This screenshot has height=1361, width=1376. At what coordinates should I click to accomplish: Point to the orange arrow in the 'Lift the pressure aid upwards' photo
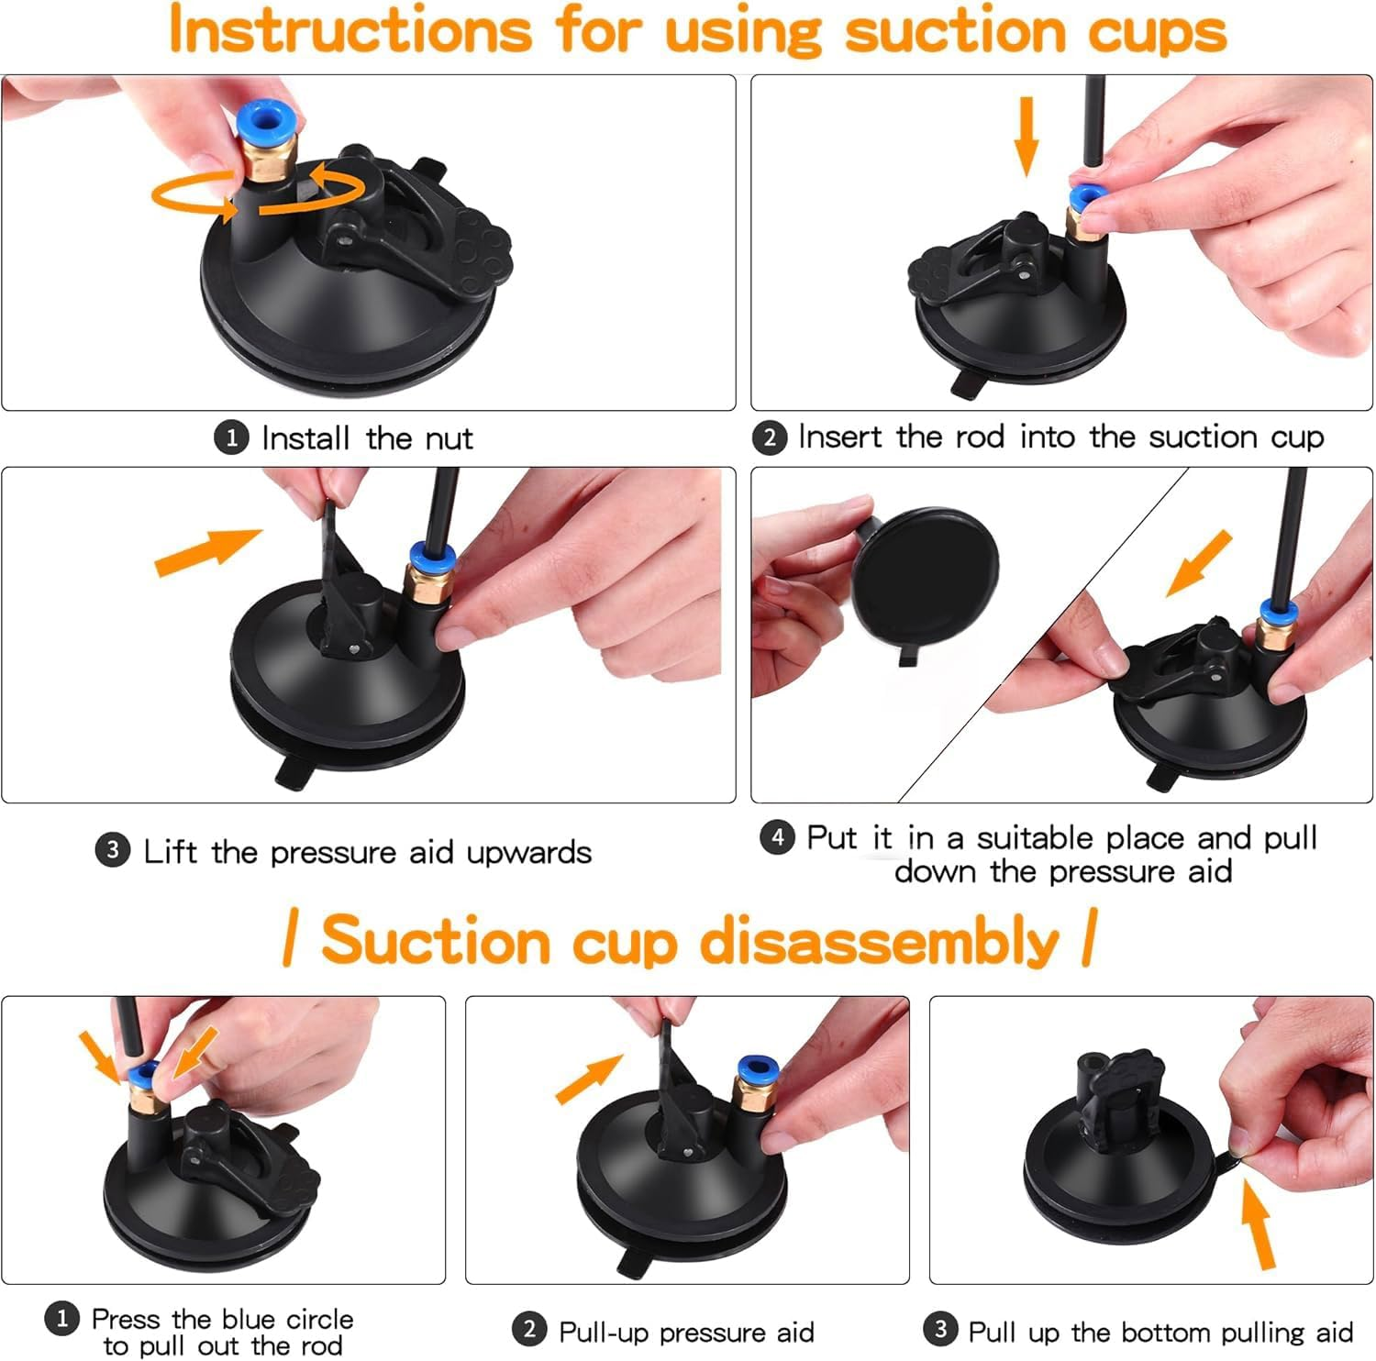pos(207,552)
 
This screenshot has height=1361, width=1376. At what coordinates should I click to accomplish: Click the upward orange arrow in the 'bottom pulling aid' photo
pos(1258,1224)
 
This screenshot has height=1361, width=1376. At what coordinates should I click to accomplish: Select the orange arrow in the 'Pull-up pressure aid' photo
pos(589,1079)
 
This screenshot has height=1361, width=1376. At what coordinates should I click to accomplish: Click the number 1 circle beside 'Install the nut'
pos(231,437)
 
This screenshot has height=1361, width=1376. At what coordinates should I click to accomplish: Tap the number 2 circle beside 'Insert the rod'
pos(770,437)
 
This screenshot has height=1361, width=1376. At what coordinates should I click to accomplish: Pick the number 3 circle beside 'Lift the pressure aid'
pos(112,851)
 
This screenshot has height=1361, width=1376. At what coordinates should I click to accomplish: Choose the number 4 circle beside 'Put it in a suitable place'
pos(777,836)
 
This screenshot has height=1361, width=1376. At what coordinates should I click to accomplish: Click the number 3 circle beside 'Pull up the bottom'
pos(940,1329)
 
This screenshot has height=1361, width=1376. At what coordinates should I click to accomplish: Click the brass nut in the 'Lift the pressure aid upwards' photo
pos(426,583)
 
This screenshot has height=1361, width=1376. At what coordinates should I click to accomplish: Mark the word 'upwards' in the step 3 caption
pos(528,852)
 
